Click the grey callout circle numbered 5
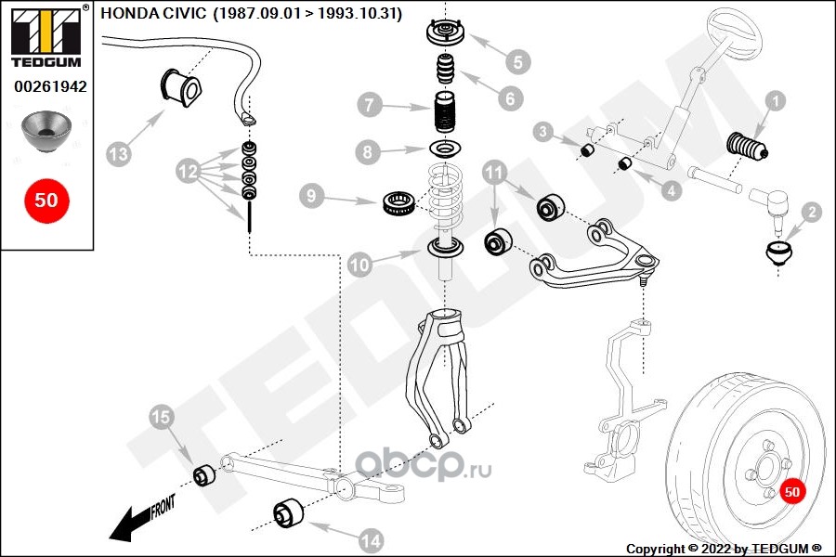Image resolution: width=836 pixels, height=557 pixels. pos(517,62)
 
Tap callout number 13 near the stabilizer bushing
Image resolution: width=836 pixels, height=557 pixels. pos(118,154)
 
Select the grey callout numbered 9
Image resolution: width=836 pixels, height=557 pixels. pos(311,196)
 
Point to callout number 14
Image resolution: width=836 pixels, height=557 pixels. pos(371,541)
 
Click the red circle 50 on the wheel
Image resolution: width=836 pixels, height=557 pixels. pos(792,491)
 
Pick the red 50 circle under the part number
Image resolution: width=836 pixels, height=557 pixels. pos(46,201)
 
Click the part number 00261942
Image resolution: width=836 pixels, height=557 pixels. pos(50,86)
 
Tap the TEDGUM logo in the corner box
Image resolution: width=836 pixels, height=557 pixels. pos(47,35)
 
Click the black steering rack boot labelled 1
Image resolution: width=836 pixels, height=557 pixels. pos(748,146)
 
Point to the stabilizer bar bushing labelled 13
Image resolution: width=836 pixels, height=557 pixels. pos(181,87)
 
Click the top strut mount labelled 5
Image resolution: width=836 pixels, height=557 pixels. pos(445,33)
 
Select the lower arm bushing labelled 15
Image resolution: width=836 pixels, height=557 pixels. pos(203,475)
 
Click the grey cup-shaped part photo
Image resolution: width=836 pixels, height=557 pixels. pos(46,132)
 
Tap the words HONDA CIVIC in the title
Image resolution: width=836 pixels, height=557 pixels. pos(153,13)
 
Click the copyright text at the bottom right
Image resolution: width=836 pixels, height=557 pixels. pos(724,549)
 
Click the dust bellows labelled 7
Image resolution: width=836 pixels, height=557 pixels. pos(444,112)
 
